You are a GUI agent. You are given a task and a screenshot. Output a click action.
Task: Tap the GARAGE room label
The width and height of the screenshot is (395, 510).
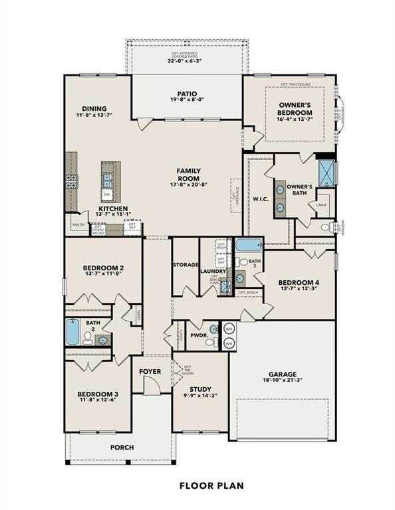click(x=283, y=374)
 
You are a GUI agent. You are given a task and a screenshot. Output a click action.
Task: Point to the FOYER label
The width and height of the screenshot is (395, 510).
click(x=150, y=372)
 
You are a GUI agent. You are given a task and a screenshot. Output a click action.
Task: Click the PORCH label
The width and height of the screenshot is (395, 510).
click(x=122, y=448)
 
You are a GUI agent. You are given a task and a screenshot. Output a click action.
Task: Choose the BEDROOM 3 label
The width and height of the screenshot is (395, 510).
click(x=97, y=394)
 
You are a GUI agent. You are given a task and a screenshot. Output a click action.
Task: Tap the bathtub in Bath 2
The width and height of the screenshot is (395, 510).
click(x=72, y=331)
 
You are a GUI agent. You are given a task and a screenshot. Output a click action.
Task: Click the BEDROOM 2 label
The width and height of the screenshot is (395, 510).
click(x=104, y=268)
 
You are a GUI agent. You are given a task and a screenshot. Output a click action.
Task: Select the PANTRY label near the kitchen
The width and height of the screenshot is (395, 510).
click(x=78, y=225)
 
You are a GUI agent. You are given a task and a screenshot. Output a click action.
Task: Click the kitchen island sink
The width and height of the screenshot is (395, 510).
click(x=107, y=177)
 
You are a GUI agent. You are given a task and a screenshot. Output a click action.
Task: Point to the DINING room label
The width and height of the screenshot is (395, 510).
click(x=94, y=109)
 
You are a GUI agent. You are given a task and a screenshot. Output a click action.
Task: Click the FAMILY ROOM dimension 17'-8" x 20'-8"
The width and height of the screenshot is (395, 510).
click(x=171, y=184)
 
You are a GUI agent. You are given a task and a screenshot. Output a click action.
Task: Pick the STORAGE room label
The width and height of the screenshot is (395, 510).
click(x=186, y=265)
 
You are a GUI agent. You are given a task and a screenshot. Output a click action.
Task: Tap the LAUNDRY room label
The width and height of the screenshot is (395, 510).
click(x=213, y=271)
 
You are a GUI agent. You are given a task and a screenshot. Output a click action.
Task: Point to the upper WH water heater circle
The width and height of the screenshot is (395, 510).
click(x=229, y=329)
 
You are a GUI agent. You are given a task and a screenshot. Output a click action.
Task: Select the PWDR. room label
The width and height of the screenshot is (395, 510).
click(x=199, y=335)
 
